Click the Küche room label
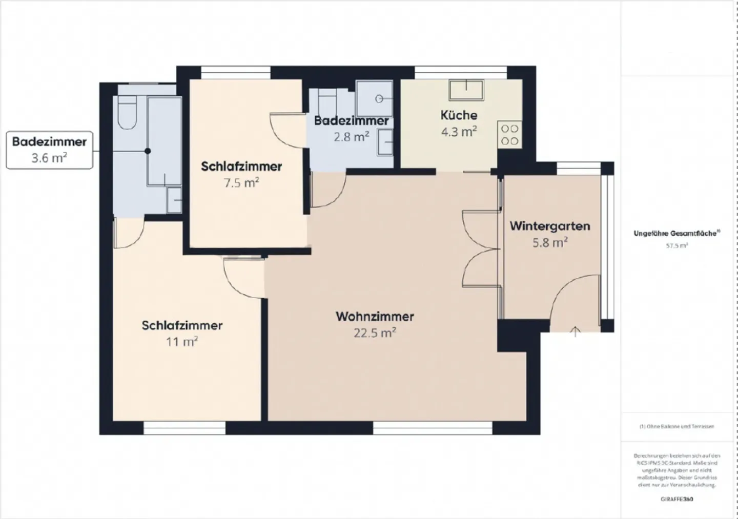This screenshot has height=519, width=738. (459, 115)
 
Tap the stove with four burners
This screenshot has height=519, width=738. (509, 135)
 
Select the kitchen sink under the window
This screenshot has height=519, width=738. (466, 90)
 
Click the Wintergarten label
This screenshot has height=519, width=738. (549, 226)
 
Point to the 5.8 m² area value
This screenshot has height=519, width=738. (549, 242)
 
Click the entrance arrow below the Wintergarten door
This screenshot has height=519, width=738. (576, 331)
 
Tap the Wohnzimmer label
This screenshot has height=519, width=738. (375, 316)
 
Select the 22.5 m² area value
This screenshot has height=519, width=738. (375, 333)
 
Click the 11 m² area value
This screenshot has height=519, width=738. (182, 342)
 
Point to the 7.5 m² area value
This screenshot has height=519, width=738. (241, 183)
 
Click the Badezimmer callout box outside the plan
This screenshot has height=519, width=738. (49, 150)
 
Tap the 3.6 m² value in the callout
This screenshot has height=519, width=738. (49, 158)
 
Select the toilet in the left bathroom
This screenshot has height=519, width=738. (127, 114)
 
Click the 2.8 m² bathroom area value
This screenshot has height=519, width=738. (351, 137)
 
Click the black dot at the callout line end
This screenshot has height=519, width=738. (148, 151)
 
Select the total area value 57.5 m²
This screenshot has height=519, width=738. (676, 245)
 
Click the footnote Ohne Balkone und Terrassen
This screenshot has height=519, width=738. (676, 426)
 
